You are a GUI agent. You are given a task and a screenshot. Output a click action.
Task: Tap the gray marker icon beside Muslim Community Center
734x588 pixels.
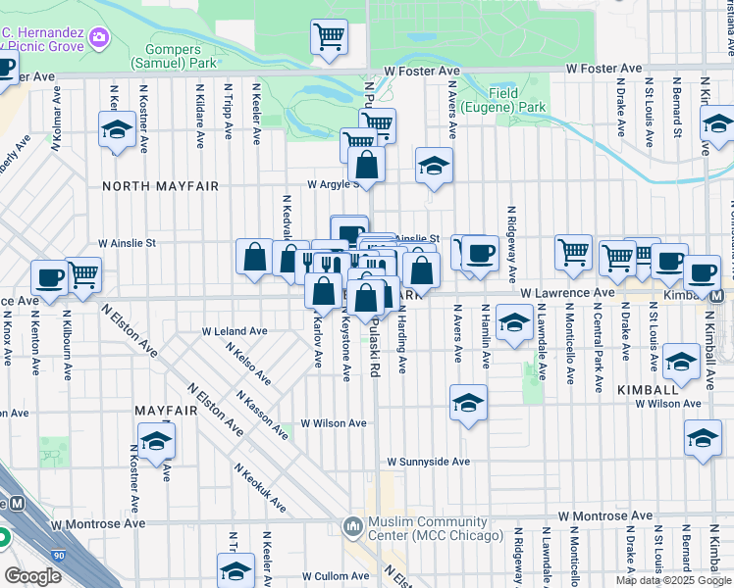(x=352, y=526)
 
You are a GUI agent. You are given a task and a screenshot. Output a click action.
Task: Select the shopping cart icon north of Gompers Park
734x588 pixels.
(x=330, y=37)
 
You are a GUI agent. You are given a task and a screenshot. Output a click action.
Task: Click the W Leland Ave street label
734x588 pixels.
(x=235, y=331)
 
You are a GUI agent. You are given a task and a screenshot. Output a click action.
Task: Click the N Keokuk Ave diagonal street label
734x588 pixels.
(x=260, y=488)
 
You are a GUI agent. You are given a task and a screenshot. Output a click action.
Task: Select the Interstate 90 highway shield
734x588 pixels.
(x=57, y=555)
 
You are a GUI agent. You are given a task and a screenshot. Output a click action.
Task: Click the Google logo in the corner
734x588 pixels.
(x=32, y=575)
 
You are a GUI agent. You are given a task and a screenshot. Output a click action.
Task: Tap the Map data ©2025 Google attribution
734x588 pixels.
(x=672, y=580)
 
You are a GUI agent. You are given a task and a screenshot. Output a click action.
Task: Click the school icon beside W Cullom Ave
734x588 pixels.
(x=236, y=569)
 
